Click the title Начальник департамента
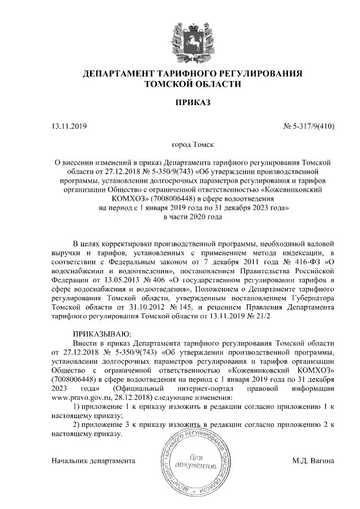pyautogui.click(x=93, y=461)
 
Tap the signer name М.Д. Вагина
pyautogui.click(x=313, y=461)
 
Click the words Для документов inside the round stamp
pyautogui.click(x=195, y=461)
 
